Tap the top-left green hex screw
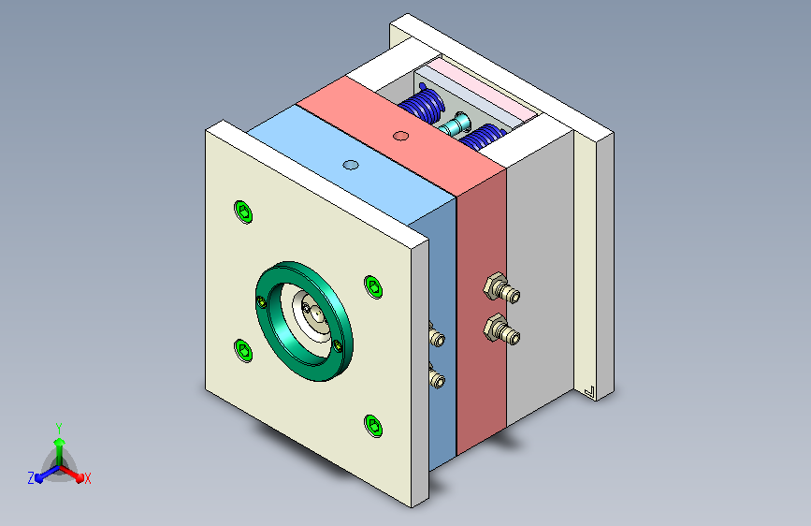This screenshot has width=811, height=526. point(243,212)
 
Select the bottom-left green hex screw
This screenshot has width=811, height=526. point(243,350)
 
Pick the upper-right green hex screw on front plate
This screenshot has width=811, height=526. point(373,286)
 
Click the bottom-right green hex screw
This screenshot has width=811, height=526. point(373,426)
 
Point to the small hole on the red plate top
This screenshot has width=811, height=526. point(401,136)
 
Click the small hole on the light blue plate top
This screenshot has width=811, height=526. point(351,165)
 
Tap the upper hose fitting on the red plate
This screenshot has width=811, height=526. point(501,288)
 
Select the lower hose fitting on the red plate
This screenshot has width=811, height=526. point(501,329)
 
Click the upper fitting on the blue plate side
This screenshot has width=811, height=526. point(437,335)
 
